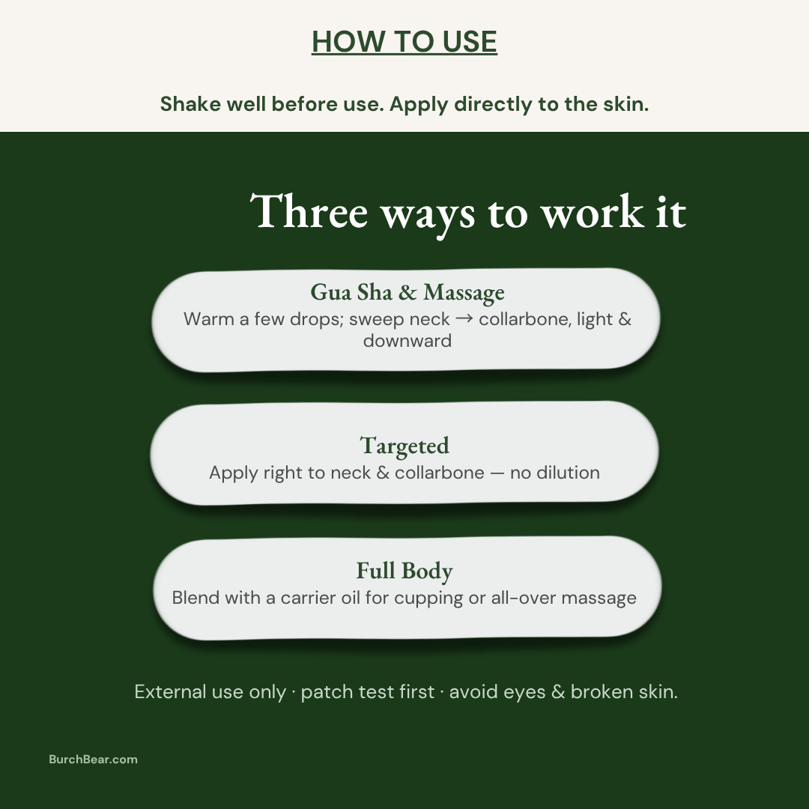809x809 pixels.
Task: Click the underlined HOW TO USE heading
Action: click(404, 41)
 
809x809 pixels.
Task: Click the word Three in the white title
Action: click(309, 211)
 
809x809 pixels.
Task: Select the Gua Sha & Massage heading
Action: click(407, 293)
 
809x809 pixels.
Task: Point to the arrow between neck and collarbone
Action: click(464, 318)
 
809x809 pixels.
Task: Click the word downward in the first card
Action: click(407, 341)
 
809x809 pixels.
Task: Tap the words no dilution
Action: click(554, 473)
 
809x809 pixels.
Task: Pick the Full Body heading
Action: click(404, 571)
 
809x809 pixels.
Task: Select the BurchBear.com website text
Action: click(94, 760)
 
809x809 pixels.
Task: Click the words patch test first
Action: click(367, 692)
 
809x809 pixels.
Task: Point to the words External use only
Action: click(210, 692)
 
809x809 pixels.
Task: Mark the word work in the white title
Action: click(593, 211)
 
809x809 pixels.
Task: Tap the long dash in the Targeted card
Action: click(497, 473)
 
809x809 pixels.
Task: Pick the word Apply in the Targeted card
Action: click(234, 473)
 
